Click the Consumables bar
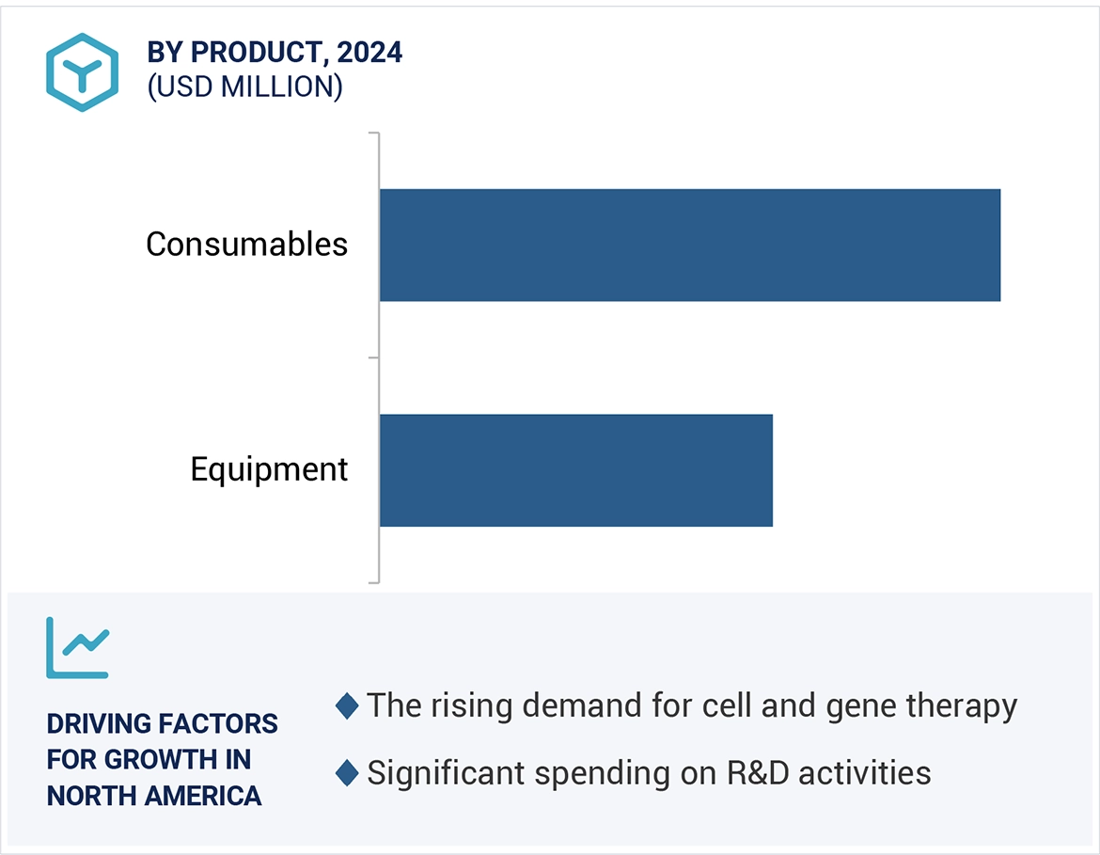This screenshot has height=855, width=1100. click(x=689, y=245)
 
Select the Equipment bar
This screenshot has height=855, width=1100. click(x=575, y=469)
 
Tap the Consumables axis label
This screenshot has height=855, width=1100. click(x=246, y=245)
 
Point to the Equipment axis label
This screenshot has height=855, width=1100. click(x=269, y=469)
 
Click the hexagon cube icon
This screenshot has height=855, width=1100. click(x=82, y=72)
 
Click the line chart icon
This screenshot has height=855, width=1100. click(x=78, y=648)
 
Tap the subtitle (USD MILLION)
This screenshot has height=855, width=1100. click(x=244, y=87)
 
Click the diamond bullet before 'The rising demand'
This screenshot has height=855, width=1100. click(x=347, y=706)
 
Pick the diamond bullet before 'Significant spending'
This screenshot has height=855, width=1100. click(x=347, y=774)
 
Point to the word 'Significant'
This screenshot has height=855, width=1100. click(x=446, y=774)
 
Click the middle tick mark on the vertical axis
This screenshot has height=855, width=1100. click(x=373, y=357)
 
